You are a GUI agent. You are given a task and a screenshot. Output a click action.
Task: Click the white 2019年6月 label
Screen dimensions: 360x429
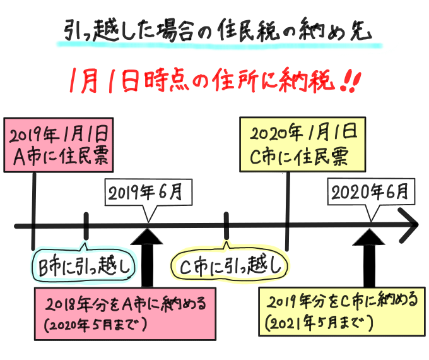click(147, 193)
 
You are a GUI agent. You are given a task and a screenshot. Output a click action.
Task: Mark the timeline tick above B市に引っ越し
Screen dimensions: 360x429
click(86, 224)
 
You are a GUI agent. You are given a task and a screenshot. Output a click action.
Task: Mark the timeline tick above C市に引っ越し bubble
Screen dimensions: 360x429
click(226, 224)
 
